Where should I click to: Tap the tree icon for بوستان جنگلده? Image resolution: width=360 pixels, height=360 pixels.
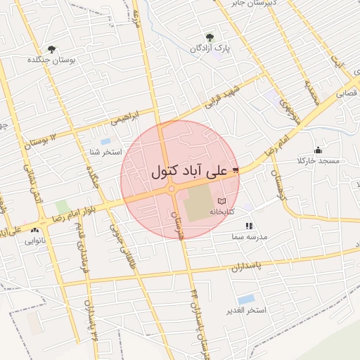[x=51, y=49]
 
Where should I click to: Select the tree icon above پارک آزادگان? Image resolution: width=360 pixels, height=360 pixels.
[x=209, y=37]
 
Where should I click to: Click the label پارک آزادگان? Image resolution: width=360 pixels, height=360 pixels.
[x=210, y=49]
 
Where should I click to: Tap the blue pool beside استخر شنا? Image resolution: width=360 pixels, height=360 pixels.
[x=105, y=141]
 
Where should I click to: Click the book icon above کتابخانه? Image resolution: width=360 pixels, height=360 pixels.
[x=222, y=201]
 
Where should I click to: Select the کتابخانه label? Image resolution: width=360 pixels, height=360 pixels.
[x=222, y=212]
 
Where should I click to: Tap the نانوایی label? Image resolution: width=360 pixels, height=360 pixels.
[x=35, y=240]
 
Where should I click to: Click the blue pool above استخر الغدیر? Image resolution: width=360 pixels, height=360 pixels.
[x=245, y=300]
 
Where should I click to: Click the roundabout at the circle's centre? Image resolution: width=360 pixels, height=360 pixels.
[x=172, y=188]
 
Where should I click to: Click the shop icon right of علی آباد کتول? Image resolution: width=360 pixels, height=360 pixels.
[x=235, y=169]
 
